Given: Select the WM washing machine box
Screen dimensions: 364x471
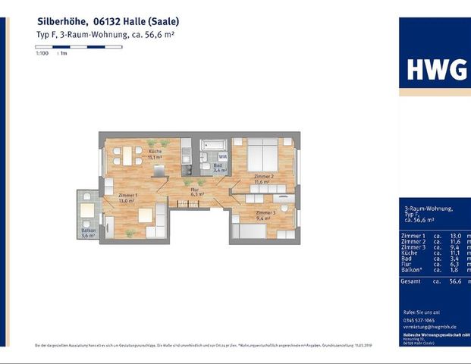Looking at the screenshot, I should [x=222, y=156].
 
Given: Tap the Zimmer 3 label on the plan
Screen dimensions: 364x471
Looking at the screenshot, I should [x=265, y=212].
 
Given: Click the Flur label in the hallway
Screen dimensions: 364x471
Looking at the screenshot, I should [x=194, y=189].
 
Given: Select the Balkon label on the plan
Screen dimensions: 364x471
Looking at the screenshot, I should [x=89, y=230].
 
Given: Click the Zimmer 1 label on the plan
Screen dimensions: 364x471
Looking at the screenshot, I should [x=127, y=196].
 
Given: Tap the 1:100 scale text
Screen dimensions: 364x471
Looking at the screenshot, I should [x=42, y=54].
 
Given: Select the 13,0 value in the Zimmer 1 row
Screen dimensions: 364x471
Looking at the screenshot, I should [x=455, y=236].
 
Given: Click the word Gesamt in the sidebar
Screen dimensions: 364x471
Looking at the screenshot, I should [x=412, y=281].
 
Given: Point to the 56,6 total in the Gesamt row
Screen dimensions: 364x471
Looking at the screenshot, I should [x=455, y=281].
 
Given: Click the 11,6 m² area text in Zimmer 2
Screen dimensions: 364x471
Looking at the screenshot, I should [x=262, y=182].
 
